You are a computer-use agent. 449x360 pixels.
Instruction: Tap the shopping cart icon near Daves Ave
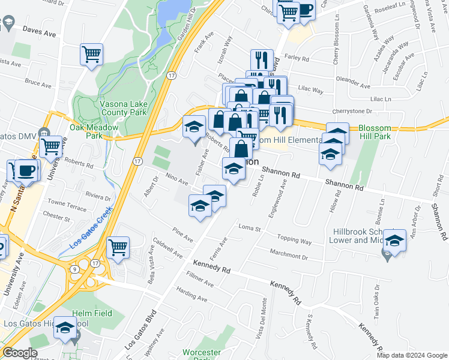coord(92,55)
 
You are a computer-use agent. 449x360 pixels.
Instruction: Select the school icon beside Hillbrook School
coord(394,240)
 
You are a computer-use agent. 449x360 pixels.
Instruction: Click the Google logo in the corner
coord(20,353)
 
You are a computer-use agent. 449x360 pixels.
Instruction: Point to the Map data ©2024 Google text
coord(412,355)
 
